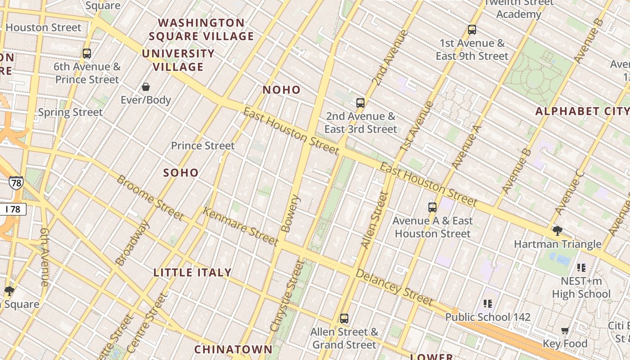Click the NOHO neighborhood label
(x=282, y=90)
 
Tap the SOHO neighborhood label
(x=181, y=173)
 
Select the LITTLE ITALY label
(x=193, y=273)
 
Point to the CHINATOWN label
(x=234, y=350)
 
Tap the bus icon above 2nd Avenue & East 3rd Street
(x=360, y=103)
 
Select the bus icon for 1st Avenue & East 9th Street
(x=472, y=30)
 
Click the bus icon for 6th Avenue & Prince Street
(x=87, y=54)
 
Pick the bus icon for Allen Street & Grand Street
(x=344, y=319)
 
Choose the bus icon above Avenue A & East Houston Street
(x=432, y=207)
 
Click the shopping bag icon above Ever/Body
(x=146, y=87)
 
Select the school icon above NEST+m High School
(x=581, y=268)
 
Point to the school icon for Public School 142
(x=488, y=304)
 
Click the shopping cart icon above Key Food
(x=565, y=331)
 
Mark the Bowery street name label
(x=290, y=213)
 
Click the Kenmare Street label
(x=240, y=226)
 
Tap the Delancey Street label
(x=394, y=287)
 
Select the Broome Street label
(x=150, y=198)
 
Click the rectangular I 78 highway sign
(x=13, y=209)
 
